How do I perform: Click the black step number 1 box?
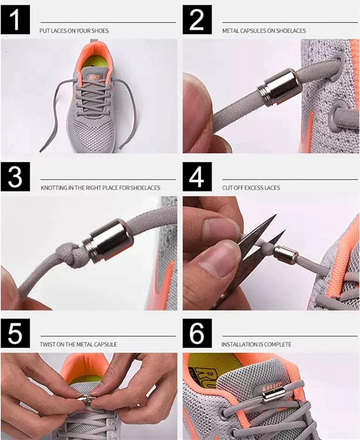pyautogui.click(x=15, y=20)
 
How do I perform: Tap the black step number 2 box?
pyautogui.click(x=197, y=20)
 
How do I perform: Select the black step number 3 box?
pyautogui.click(x=15, y=177)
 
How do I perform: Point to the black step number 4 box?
pyautogui.click(x=197, y=177)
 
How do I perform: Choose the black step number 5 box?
pyautogui.click(x=15, y=334)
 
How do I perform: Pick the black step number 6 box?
pyautogui.click(x=197, y=334)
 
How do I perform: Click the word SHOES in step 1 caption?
pyautogui.click(x=100, y=31)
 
